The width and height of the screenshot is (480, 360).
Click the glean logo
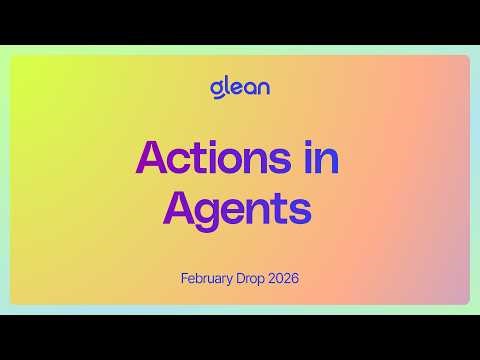coord(240,87)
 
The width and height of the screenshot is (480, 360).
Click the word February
coord(209,277)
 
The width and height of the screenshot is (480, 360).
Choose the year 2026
coord(285,277)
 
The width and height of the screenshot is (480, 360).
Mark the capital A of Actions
coord(150,158)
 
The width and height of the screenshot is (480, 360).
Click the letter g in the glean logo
coord(216,89)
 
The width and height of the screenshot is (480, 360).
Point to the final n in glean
coord(263,88)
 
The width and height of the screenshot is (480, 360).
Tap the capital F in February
coord(185,277)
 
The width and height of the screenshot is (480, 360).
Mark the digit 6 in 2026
coord(295,277)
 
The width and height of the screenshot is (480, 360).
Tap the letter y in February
coord(234,280)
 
